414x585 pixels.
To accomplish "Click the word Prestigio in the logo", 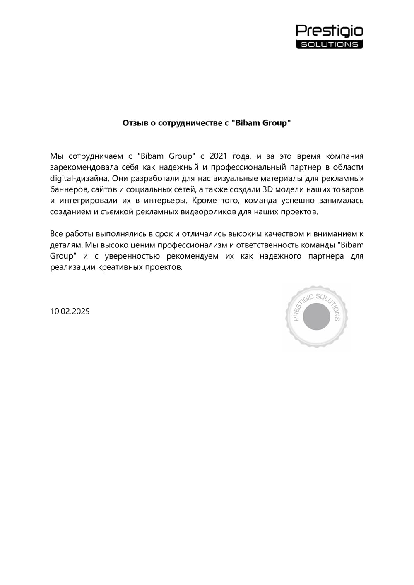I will (x=329, y=31).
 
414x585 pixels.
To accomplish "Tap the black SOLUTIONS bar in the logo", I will (x=329, y=44).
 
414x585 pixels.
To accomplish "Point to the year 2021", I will (x=218, y=156).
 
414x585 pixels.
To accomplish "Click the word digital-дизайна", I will (x=79, y=179).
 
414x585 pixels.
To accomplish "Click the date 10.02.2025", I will (x=70, y=312).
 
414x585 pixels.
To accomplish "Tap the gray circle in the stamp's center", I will (x=317, y=317).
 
